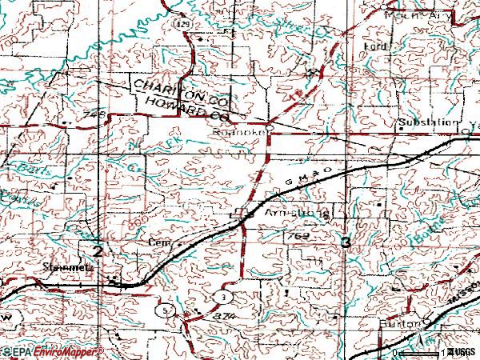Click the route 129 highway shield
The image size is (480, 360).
coord(183,25)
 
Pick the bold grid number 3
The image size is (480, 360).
coord(346,242)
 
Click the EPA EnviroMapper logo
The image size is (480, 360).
coord(52,352)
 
